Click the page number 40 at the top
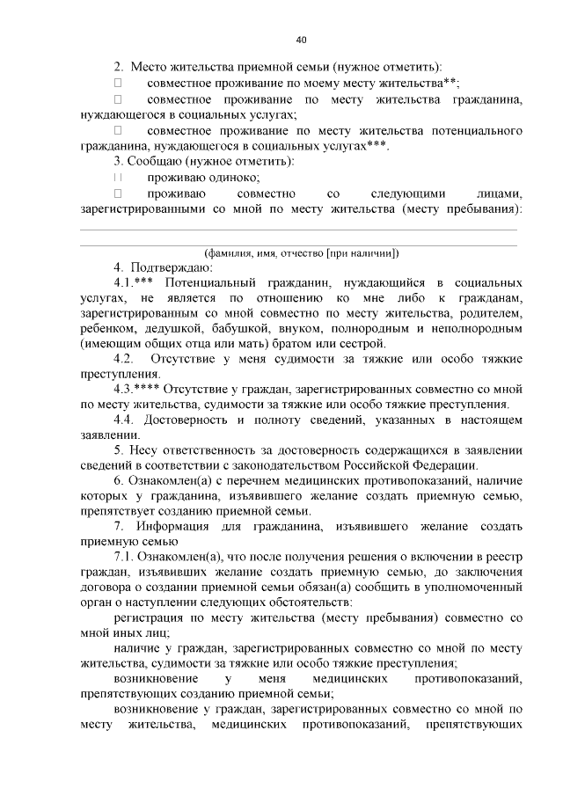pos(302,40)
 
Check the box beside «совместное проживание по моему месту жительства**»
pos(118,82)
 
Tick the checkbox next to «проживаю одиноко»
pos(118,178)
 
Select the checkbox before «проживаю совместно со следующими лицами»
pos(118,194)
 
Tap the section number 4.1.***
pos(135,283)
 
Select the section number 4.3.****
pos(139,390)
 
